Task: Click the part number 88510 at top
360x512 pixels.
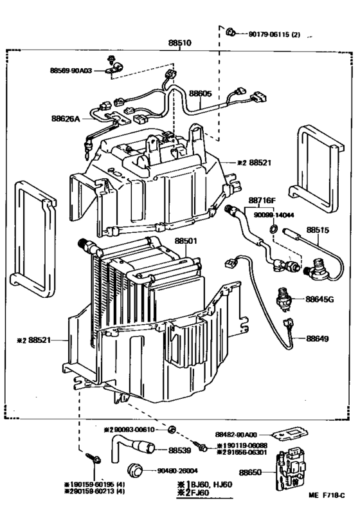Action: pos(179,42)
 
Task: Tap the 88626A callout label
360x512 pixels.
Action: pos(66,118)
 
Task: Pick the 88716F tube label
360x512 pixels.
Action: pos(262,201)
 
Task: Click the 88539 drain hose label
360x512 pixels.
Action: pos(181,451)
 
